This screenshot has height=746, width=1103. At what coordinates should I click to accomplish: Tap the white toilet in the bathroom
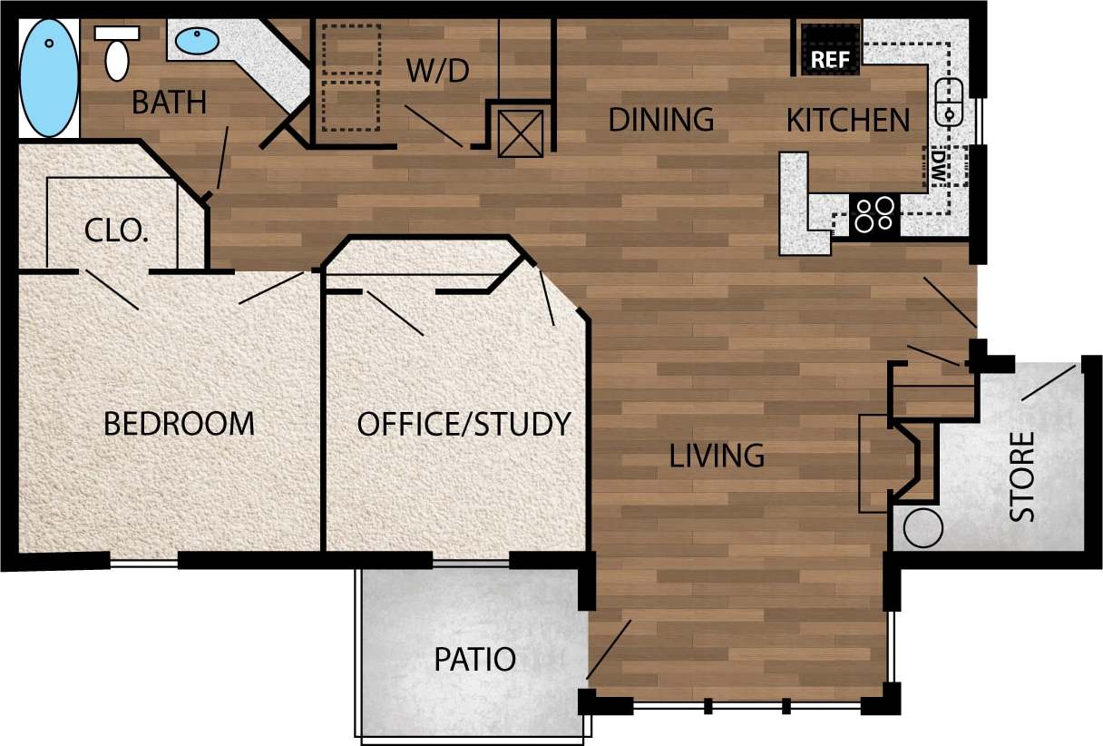(x=117, y=54)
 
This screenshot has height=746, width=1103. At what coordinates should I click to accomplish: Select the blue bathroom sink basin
(x=196, y=41)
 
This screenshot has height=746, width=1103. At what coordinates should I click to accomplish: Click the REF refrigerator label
(x=828, y=60)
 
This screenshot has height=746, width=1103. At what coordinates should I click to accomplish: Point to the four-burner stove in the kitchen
(x=874, y=215)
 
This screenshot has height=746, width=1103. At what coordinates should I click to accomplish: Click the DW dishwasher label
(x=938, y=164)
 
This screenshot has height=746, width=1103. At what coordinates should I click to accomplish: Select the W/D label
(x=437, y=70)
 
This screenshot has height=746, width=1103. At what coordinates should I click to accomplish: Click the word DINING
(x=660, y=119)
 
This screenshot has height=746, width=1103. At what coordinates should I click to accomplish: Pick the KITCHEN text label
(x=847, y=120)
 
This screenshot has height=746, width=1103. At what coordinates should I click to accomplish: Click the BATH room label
(x=169, y=103)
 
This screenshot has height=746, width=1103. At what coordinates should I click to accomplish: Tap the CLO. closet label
(x=116, y=231)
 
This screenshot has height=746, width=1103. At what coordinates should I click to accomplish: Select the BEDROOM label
(x=179, y=423)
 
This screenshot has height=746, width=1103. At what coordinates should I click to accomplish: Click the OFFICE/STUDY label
(x=464, y=424)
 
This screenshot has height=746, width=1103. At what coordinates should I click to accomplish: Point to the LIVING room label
(x=717, y=455)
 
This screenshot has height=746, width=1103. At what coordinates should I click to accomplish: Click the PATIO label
(x=474, y=659)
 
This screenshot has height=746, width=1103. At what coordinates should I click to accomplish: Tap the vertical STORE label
(x=1022, y=476)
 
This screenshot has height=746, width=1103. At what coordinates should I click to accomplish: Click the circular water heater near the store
(x=923, y=527)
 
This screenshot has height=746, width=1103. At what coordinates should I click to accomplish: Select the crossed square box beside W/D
(x=521, y=133)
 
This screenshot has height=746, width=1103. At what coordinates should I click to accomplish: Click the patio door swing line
(x=610, y=648)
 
